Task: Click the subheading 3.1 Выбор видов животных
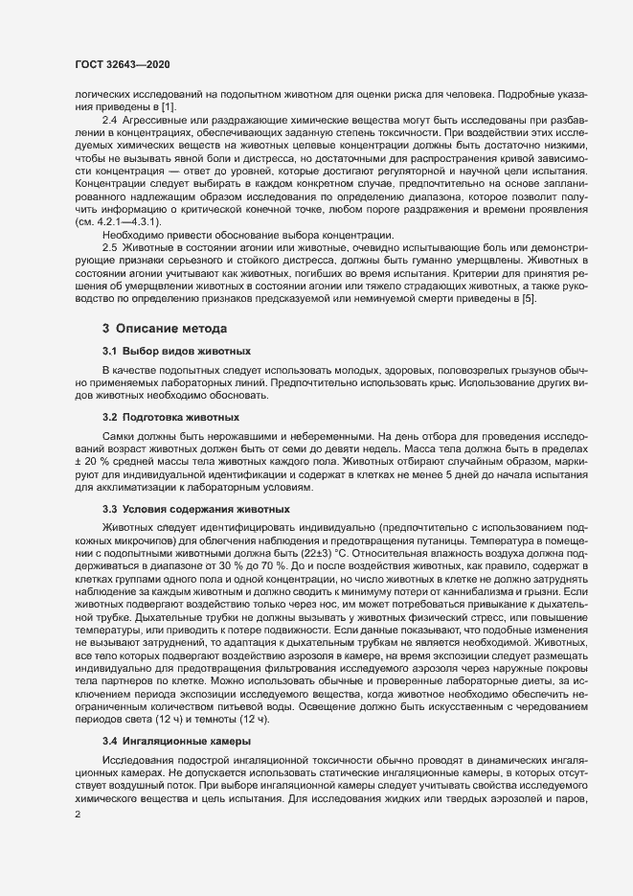[x=164, y=352]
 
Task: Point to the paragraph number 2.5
[x=110, y=246]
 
